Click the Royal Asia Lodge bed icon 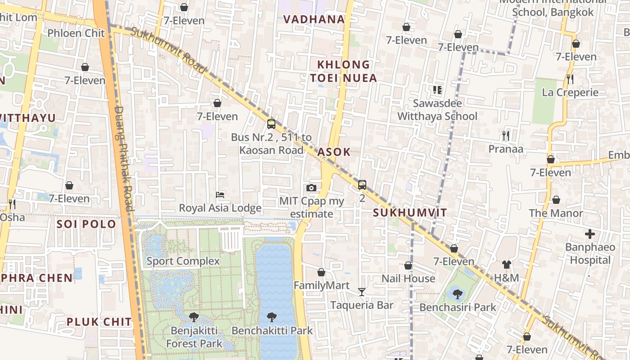click(x=220, y=195)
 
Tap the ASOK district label click(x=333, y=152)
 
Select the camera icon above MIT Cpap click(x=311, y=188)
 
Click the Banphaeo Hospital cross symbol click(x=589, y=234)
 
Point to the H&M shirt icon click(x=507, y=265)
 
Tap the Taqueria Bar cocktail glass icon click(x=361, y=292)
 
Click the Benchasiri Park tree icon click(x=457, y=294)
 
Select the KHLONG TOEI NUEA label click(x=343, y=71)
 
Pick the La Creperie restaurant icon click(x=570, y=79)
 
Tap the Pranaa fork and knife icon click(x=506, y=135)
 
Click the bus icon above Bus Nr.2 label click(x=271, y=124)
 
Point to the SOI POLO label click(x=86, y=224)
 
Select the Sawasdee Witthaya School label click(x=437, y=110)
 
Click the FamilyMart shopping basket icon click(x=321, y=272)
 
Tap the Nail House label click(x=408, y=279)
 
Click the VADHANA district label click(x=314, y=19)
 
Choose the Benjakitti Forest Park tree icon click(x=194, y=317)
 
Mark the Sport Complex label click(x=183, y=261)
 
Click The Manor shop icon click(x=556, y=200)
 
